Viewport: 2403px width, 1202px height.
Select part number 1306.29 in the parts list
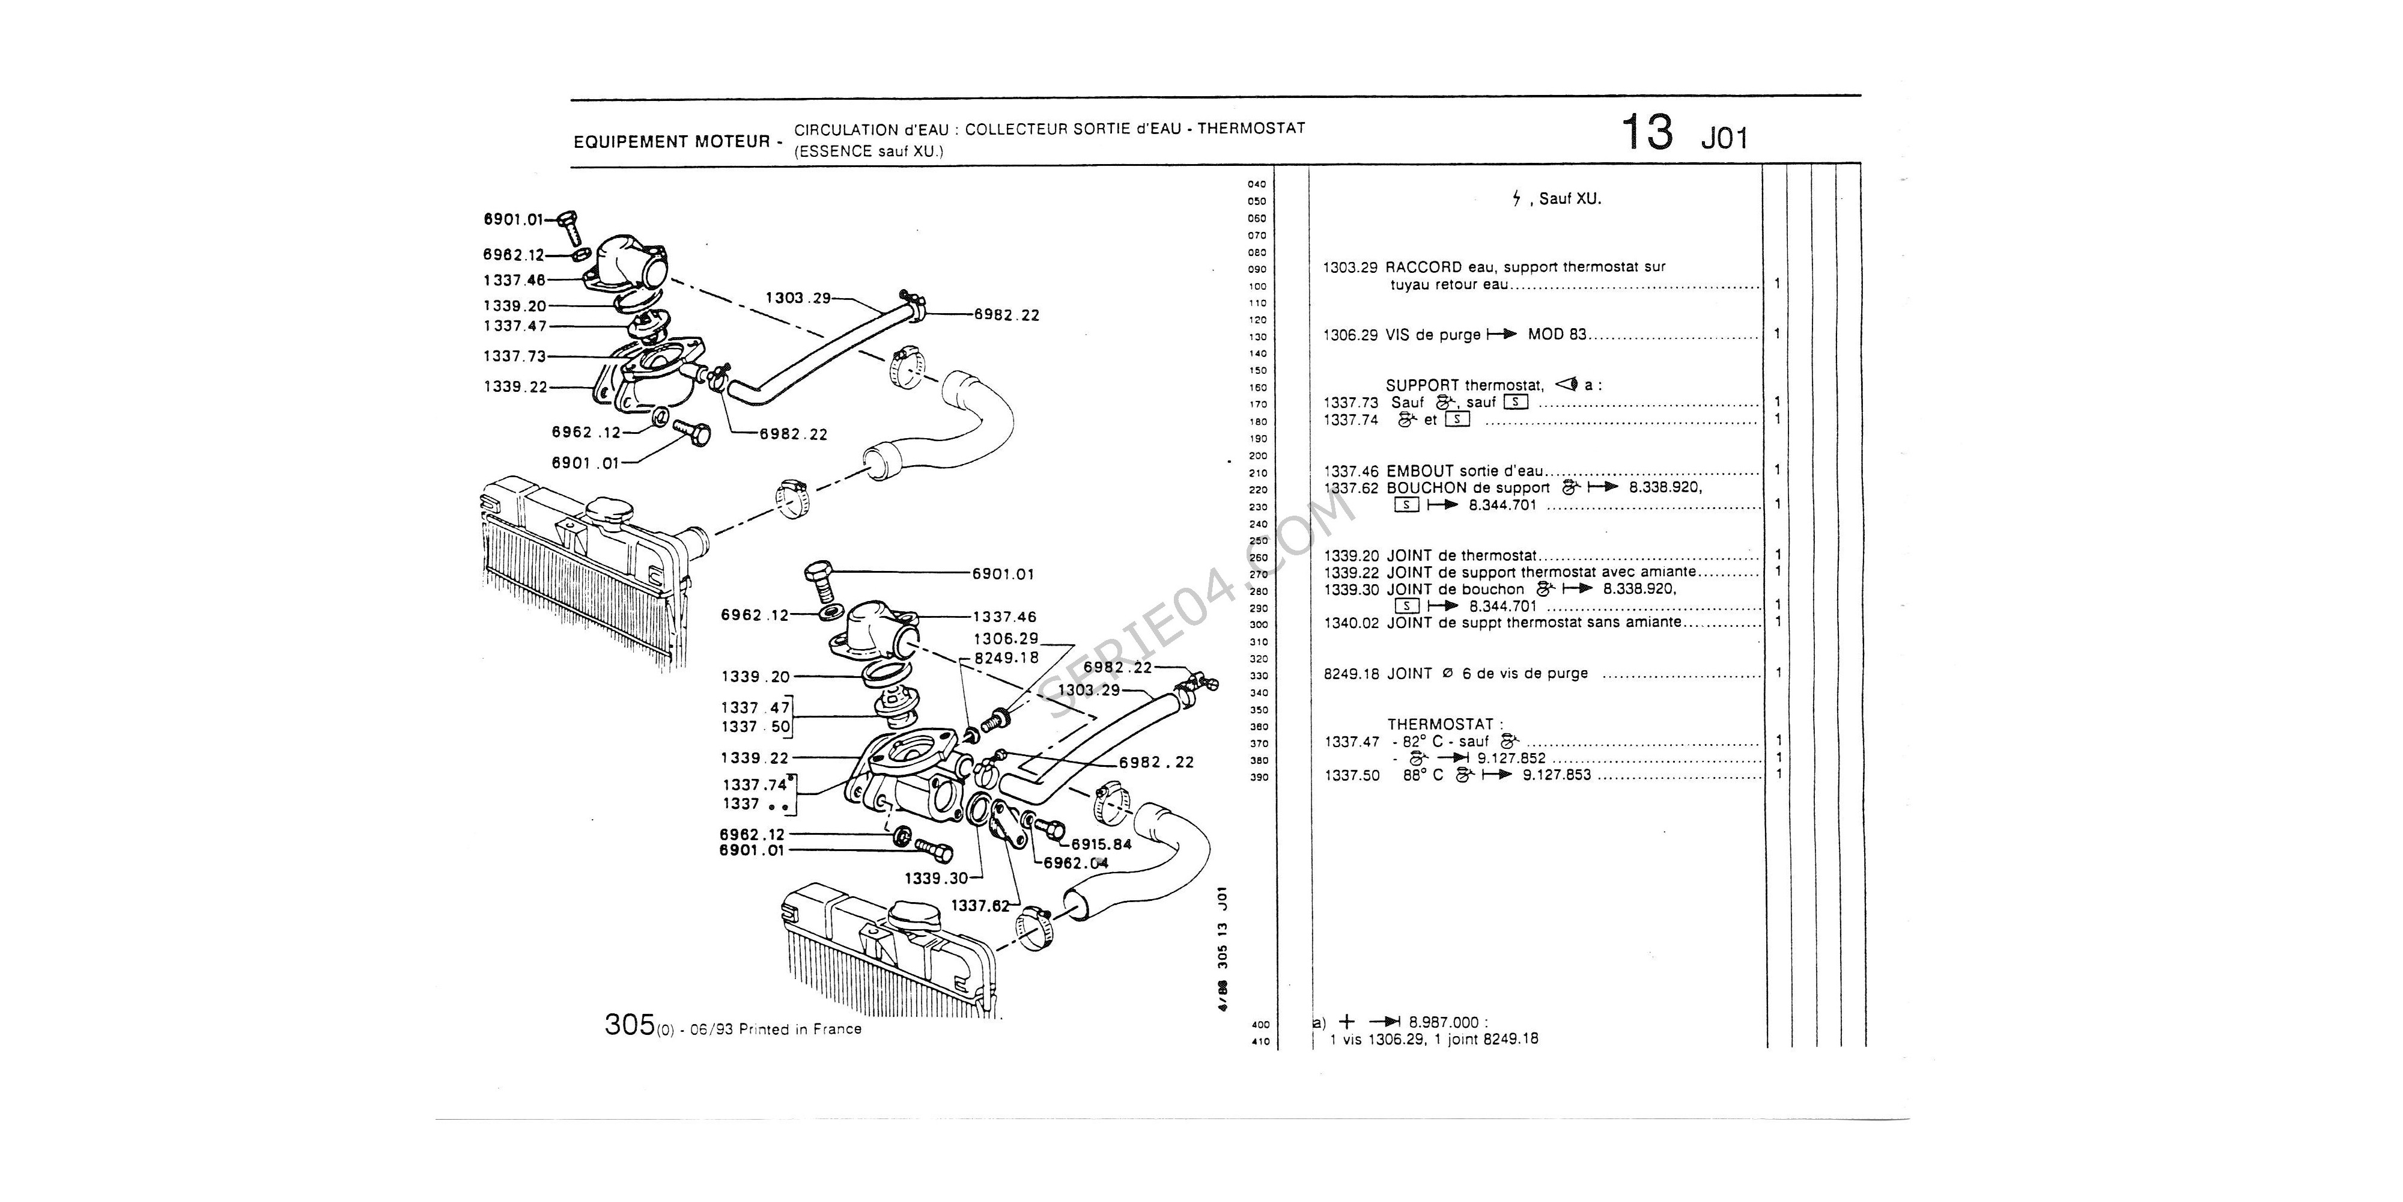tap(1350, 335)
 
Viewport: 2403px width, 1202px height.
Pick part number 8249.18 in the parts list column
tap(1350, 674)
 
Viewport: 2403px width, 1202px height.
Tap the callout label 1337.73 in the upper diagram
tap(514, 356)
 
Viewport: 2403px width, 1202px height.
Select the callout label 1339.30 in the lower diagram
tap(935, 878)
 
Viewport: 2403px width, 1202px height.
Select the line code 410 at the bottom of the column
tap(1259, 1042)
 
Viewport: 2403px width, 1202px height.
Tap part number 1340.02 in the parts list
tap(1350, 623)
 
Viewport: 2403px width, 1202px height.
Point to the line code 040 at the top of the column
tap(1257, 185)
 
